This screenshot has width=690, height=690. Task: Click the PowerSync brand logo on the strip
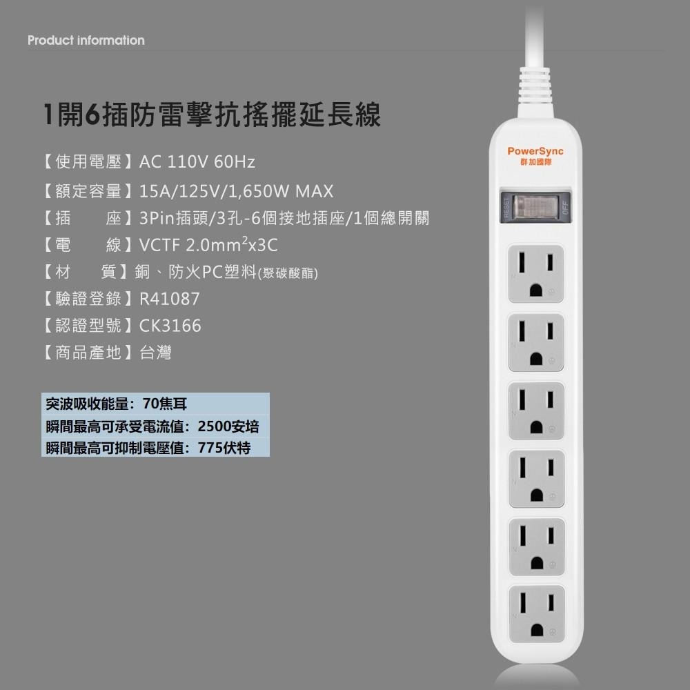click(535, 154)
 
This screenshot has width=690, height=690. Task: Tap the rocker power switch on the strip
click(536, 206)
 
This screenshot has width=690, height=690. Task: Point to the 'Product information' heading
click(86, 41)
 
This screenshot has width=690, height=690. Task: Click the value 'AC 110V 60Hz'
click(197, 163)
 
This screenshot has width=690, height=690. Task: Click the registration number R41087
click(169, 299)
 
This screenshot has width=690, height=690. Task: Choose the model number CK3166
click(170, 326)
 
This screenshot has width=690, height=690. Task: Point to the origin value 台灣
click(155, 353)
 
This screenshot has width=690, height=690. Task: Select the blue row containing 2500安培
click(155, 426)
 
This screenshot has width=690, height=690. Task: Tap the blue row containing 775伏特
click(155, 448)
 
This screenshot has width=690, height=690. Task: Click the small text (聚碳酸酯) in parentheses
click(287, 274)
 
